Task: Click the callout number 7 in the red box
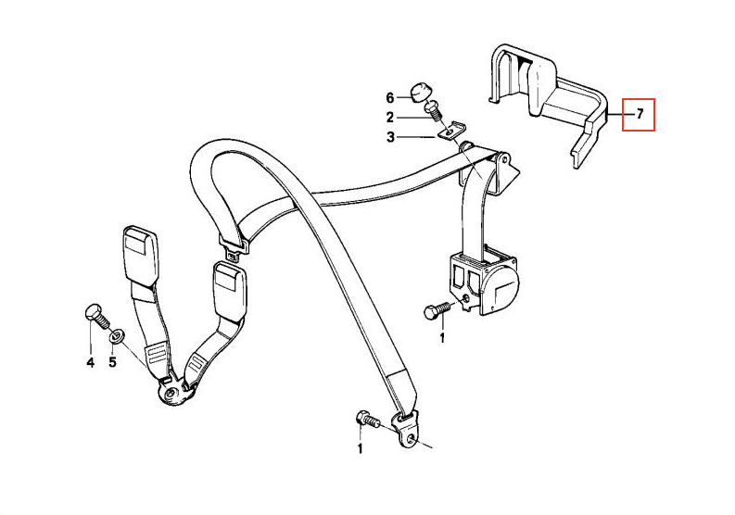[x=640, y=114]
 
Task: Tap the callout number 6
[x=390, y=97]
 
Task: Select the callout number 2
[x=390, y=117]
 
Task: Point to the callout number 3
[x=390, y=137]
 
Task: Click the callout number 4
[x=91, y=362]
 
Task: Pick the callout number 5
[x=112, y=362]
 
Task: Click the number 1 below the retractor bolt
[x=441, y=337]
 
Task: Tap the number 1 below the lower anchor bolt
[x=360, y=449]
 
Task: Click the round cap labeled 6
[x=419, y=93]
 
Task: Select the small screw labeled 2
[x=434, y=111]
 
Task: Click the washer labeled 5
[x=115, y=336]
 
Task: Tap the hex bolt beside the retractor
[x=437, y=311]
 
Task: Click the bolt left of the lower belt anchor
[x=368, y=419]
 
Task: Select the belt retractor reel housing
[x=483, y=283]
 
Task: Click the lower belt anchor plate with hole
[x=406, y=430]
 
